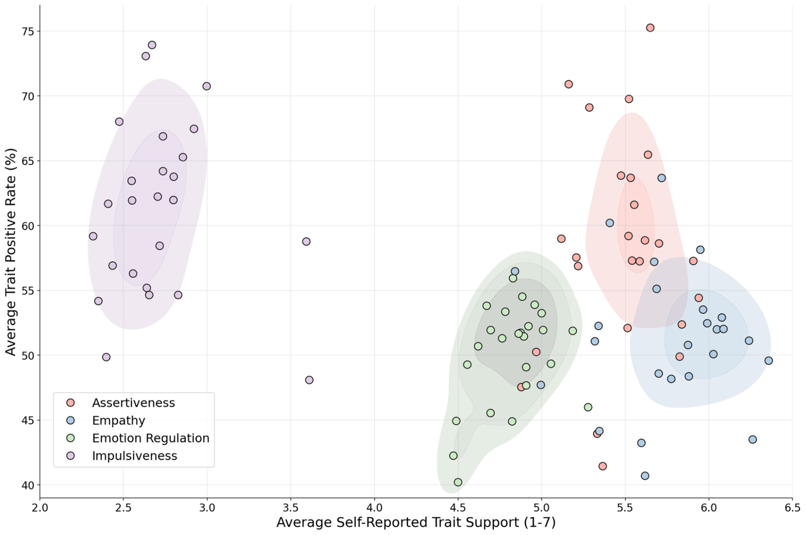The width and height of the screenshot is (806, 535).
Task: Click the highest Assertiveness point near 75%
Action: (650, 28)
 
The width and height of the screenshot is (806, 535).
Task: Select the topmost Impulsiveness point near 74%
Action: (152, 45)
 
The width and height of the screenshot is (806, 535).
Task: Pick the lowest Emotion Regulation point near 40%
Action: (458, 482)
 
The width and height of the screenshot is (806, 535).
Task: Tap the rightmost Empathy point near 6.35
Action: (768, 360)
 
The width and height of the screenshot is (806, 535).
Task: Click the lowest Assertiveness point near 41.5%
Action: (602, 466)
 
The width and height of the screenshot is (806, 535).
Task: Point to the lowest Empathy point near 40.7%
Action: (645, 476)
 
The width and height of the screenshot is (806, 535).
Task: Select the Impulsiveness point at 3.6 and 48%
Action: (309, 380)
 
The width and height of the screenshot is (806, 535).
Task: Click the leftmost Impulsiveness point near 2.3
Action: (93, 237)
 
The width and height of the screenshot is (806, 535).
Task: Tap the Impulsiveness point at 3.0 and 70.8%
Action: (206, 86)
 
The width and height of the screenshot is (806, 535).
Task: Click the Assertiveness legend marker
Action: (70, 403)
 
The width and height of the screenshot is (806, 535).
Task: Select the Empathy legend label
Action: (119, 420)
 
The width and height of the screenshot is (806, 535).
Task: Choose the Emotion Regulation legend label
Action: (150, 438)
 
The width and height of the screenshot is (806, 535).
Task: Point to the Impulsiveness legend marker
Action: (70, 456)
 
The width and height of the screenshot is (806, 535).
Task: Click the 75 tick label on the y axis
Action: (26, 32)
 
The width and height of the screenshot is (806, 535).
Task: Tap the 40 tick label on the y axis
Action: (26, 485)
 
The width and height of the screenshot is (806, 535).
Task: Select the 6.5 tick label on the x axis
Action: (792, 508)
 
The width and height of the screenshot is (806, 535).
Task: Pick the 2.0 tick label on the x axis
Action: (39, 508)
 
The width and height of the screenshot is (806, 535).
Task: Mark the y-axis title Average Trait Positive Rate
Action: (11, 252)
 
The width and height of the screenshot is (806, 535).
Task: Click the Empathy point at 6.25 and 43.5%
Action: (752, 440)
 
